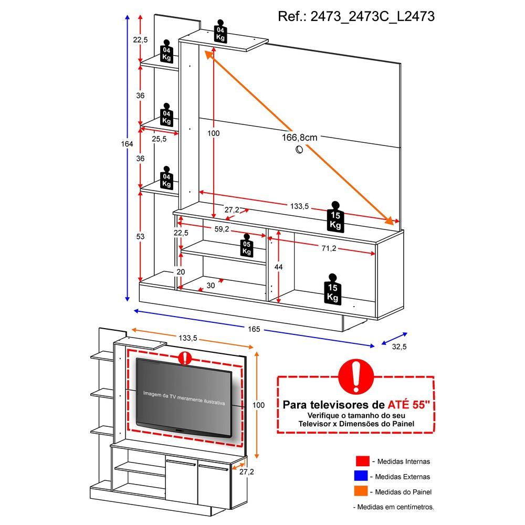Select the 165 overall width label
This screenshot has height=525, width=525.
[x=254, y=329]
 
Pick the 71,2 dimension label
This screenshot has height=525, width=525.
[x=329, y=248]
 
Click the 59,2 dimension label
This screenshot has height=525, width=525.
[x=222, y=229]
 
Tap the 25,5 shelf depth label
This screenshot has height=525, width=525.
[x=159, y=139]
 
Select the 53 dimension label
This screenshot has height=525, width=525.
[x=140, y=237]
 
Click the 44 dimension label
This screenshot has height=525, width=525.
[x=279, y=267]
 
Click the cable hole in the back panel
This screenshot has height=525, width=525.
[x=299, y=151]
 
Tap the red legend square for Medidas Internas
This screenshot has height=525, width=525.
[x=362, y=461]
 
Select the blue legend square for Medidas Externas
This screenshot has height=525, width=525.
[x=362, y=477]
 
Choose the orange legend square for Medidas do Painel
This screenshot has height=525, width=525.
[x=362, y=492]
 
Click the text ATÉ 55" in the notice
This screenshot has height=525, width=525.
[x=408, y=405]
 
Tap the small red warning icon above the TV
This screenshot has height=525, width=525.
[x=185, y=359]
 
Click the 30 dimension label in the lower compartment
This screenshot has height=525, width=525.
[x=211, y=285]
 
